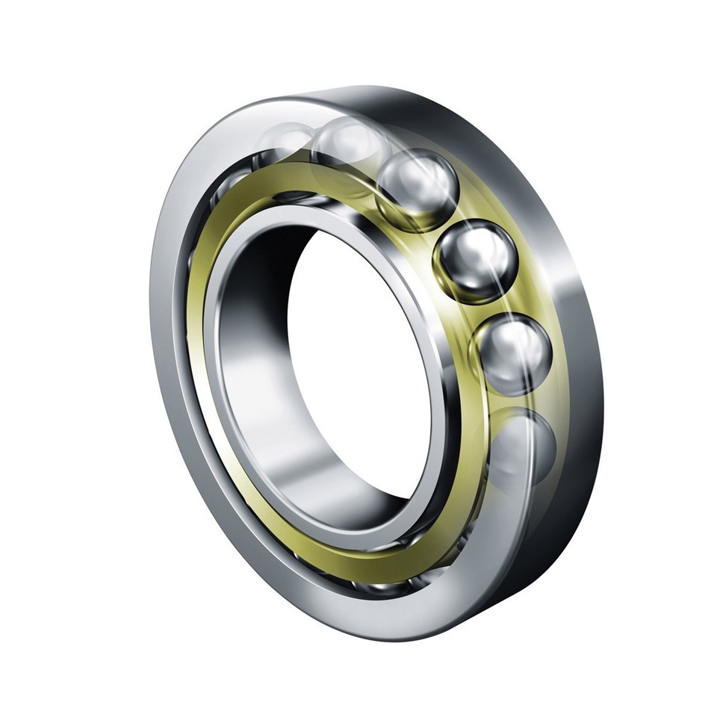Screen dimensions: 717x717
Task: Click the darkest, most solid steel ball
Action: pyautogui.click(x=476, y=261)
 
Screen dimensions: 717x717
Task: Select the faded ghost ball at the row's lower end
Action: pyautogui.click(x=523, y=448)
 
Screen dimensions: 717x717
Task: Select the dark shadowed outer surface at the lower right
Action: pyautogui.click(x=553, y=538)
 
